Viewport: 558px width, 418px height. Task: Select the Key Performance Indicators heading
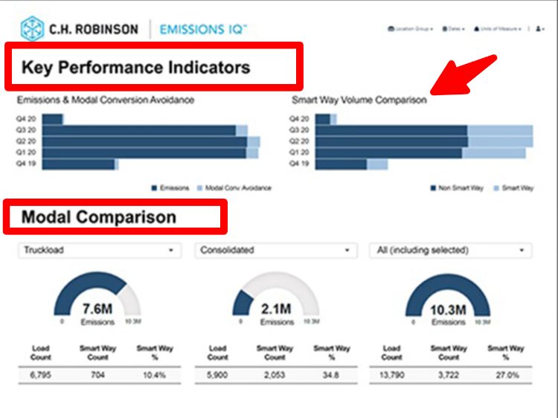(x=135, y=68)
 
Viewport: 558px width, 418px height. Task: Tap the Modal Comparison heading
(x=99, y=217)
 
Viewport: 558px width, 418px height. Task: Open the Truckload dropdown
(x=99, y=251)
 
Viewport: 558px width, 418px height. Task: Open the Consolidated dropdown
(x=275, y=251)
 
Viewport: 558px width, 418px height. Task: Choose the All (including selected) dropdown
(x=451, y=251)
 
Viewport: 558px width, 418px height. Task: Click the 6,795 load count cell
(x=40, y=375)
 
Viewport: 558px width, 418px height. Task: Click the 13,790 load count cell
(x=392, y=375)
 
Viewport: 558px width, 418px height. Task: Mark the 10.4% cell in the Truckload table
(x=154, y=375)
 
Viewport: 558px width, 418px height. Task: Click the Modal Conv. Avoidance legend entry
(x=237, y=188)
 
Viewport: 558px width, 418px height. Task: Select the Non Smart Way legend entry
(x=456, y=188)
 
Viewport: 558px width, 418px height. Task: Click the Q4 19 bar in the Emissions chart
(x=78, y=164)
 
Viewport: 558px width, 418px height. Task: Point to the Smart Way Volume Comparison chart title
(x=359, y=100)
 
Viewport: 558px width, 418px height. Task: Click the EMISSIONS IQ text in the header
(x=203, y=29)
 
